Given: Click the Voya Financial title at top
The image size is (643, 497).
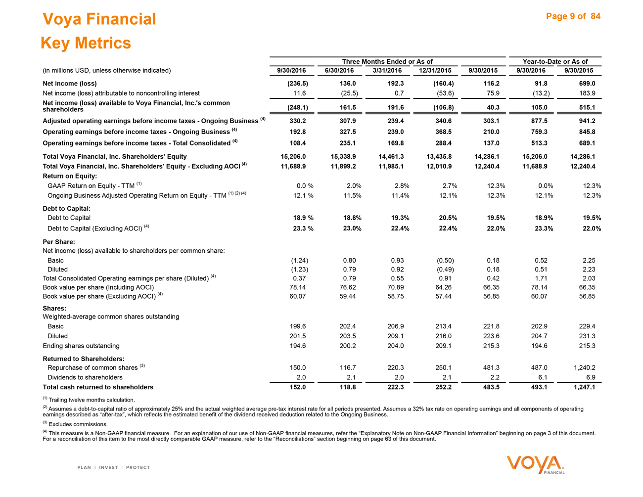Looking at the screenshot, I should pyautogui.click(x=99, y=19).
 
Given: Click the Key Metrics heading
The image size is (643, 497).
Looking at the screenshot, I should pyautogui.click(x=86, y=43).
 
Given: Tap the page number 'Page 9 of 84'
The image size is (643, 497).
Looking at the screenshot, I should pyautogui.click(x=573, y=16).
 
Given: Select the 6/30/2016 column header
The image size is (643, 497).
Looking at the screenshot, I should pyautogui.click(x=340, y=70).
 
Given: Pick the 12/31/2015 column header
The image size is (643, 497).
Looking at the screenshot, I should pyautogui.click(x=436, y=70).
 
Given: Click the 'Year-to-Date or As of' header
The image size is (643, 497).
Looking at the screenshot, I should pyautogui.click(x=555, y=61).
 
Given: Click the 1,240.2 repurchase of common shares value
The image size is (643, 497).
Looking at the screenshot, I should pyautogui.click(x=583, y=367).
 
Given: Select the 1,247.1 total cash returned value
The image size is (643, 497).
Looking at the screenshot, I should pyautogui.click(x=583, y=387).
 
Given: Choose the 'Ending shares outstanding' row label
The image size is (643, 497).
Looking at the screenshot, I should pyautogui.click(x=81, y=346).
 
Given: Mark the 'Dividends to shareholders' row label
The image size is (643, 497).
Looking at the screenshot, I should pyautogui.click(x=85, y=377).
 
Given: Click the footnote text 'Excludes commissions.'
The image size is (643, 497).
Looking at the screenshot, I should pyautogui.click(x=78, y=424).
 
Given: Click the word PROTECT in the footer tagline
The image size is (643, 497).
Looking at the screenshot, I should pyautogui.click(x=138, y=467).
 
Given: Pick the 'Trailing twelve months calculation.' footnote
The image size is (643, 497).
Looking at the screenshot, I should pyautogui.click(x=92, y=400).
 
